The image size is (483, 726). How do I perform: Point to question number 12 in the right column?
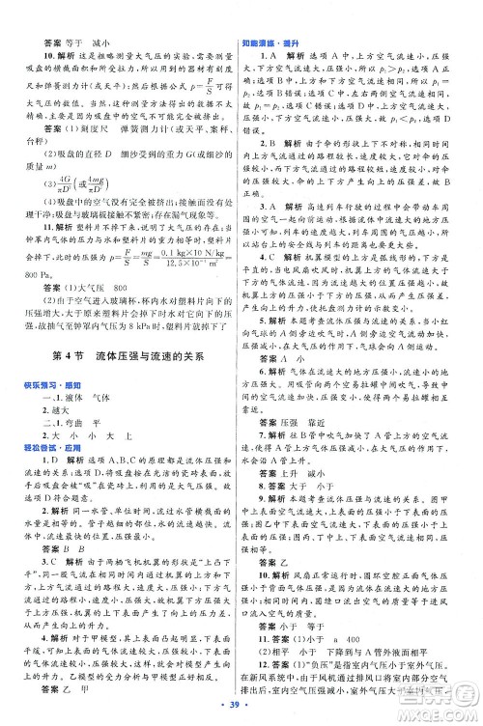[262, 663]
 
